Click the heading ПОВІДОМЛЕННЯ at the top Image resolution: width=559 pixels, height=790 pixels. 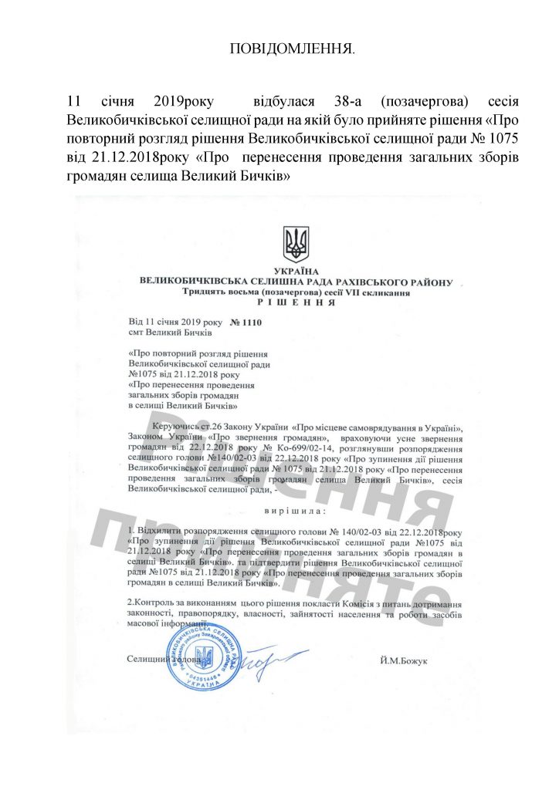[293, 49]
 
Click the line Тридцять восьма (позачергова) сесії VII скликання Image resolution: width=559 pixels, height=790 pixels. [296, 293]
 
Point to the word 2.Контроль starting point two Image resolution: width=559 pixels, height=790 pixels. [151, 600]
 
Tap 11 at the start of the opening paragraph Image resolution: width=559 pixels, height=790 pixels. [75, 102]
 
